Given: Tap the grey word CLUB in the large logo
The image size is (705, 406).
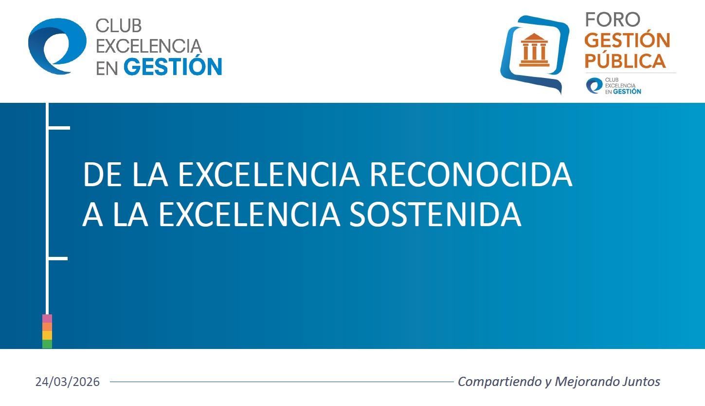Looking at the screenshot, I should click(x=118, y=26).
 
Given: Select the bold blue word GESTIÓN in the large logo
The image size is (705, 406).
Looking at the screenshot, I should click(x=173, y=67).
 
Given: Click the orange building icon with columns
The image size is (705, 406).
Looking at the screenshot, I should click(x=534, y=50).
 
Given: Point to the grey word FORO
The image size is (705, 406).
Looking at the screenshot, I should click(x=613, y=20).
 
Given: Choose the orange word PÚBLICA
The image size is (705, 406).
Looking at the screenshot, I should click(x=625, y=61).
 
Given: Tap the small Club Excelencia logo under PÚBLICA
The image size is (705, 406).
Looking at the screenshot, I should click(x=614, y=86).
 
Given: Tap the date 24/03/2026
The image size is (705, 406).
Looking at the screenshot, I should click(x=67, y=382).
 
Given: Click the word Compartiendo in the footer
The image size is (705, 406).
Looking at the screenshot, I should click(x=500, y=382).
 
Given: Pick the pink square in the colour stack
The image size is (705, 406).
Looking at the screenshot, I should click(x=47, y=319).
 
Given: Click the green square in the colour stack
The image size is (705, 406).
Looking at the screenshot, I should click(x=47, y=344).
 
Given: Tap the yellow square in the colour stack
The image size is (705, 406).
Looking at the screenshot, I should click(x=47, y=335).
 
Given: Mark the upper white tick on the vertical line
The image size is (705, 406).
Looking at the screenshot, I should click(x=59, y=128).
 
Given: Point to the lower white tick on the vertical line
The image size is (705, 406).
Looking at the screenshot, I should click(x=58, y=258).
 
